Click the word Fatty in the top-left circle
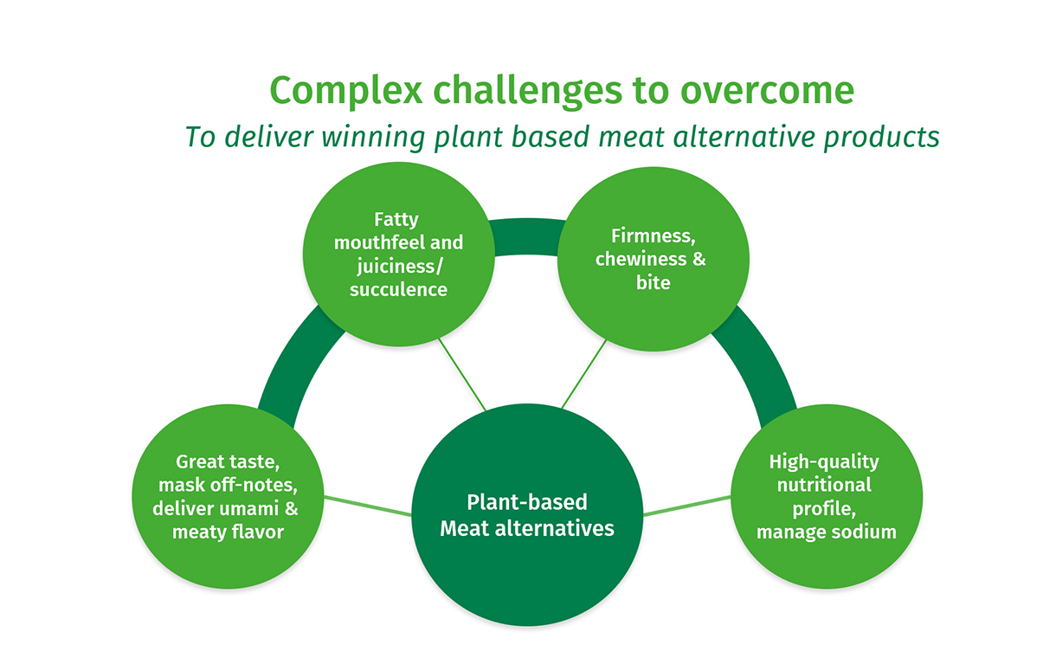[396, 219]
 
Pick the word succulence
[398, 289]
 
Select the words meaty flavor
[228, 531]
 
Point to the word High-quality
[824, 461]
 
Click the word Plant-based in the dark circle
[527, 502]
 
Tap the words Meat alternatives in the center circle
[527, 527]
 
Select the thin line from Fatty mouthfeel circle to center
[461, 373]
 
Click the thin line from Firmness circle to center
[584, 373]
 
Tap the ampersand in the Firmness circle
[700, 259]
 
